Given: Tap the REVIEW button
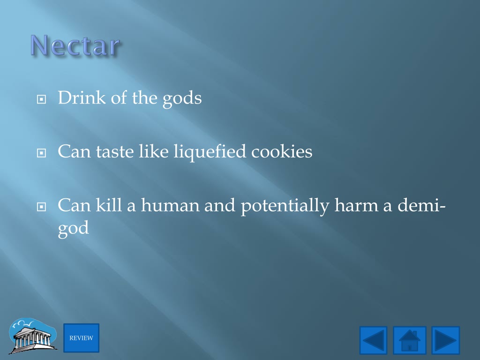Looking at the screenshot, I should click(81, 338).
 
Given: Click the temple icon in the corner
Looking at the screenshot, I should click(32, 336).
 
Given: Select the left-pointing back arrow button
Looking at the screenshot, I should click(373, 340).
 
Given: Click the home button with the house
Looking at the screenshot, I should click(409, 340).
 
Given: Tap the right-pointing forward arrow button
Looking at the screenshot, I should click(445, 340).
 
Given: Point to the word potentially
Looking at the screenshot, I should click(285, 206).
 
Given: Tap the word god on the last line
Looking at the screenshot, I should click(73, 229).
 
